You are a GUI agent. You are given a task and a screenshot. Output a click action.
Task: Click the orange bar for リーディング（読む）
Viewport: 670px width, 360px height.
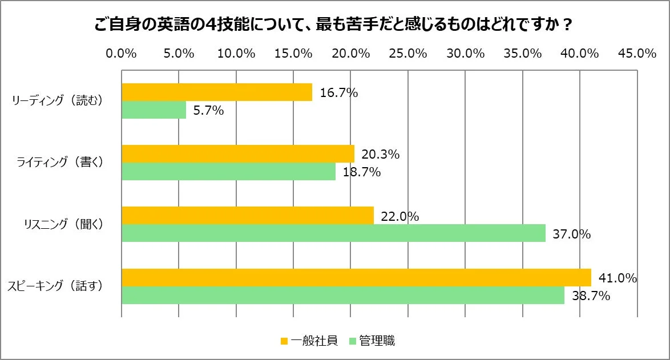(x=217, y=92)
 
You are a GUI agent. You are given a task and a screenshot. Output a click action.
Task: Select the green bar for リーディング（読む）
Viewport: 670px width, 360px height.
(x=154, y=110)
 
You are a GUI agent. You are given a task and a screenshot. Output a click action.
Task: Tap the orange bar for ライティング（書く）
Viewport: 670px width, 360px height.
(x=238, y=153)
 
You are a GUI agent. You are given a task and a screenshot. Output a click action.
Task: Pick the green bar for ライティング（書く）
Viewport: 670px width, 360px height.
(x=229, y=172)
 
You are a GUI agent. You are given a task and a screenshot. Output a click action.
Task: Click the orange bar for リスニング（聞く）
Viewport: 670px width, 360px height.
(x=248, y=216)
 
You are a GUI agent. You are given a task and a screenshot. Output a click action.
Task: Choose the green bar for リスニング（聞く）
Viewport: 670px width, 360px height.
(x=333, y=233)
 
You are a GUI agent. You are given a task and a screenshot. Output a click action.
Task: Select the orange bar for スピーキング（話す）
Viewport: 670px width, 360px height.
(x=356, y=277)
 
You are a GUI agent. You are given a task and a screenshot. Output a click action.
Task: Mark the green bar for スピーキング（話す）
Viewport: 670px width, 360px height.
(x=343, y=295)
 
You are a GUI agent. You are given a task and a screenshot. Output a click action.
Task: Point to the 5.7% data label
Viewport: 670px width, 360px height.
(x=208, y=111)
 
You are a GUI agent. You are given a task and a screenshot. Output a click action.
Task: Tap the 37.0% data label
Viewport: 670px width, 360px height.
(x=571, y=234)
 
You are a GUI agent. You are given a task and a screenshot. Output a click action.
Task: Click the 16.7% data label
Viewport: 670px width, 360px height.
(x=339, y=92)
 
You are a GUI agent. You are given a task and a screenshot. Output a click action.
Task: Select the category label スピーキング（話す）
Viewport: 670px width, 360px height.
(x=55, y=286)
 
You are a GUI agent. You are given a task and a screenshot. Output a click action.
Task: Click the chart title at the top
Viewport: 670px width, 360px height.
(x=334, y=26)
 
